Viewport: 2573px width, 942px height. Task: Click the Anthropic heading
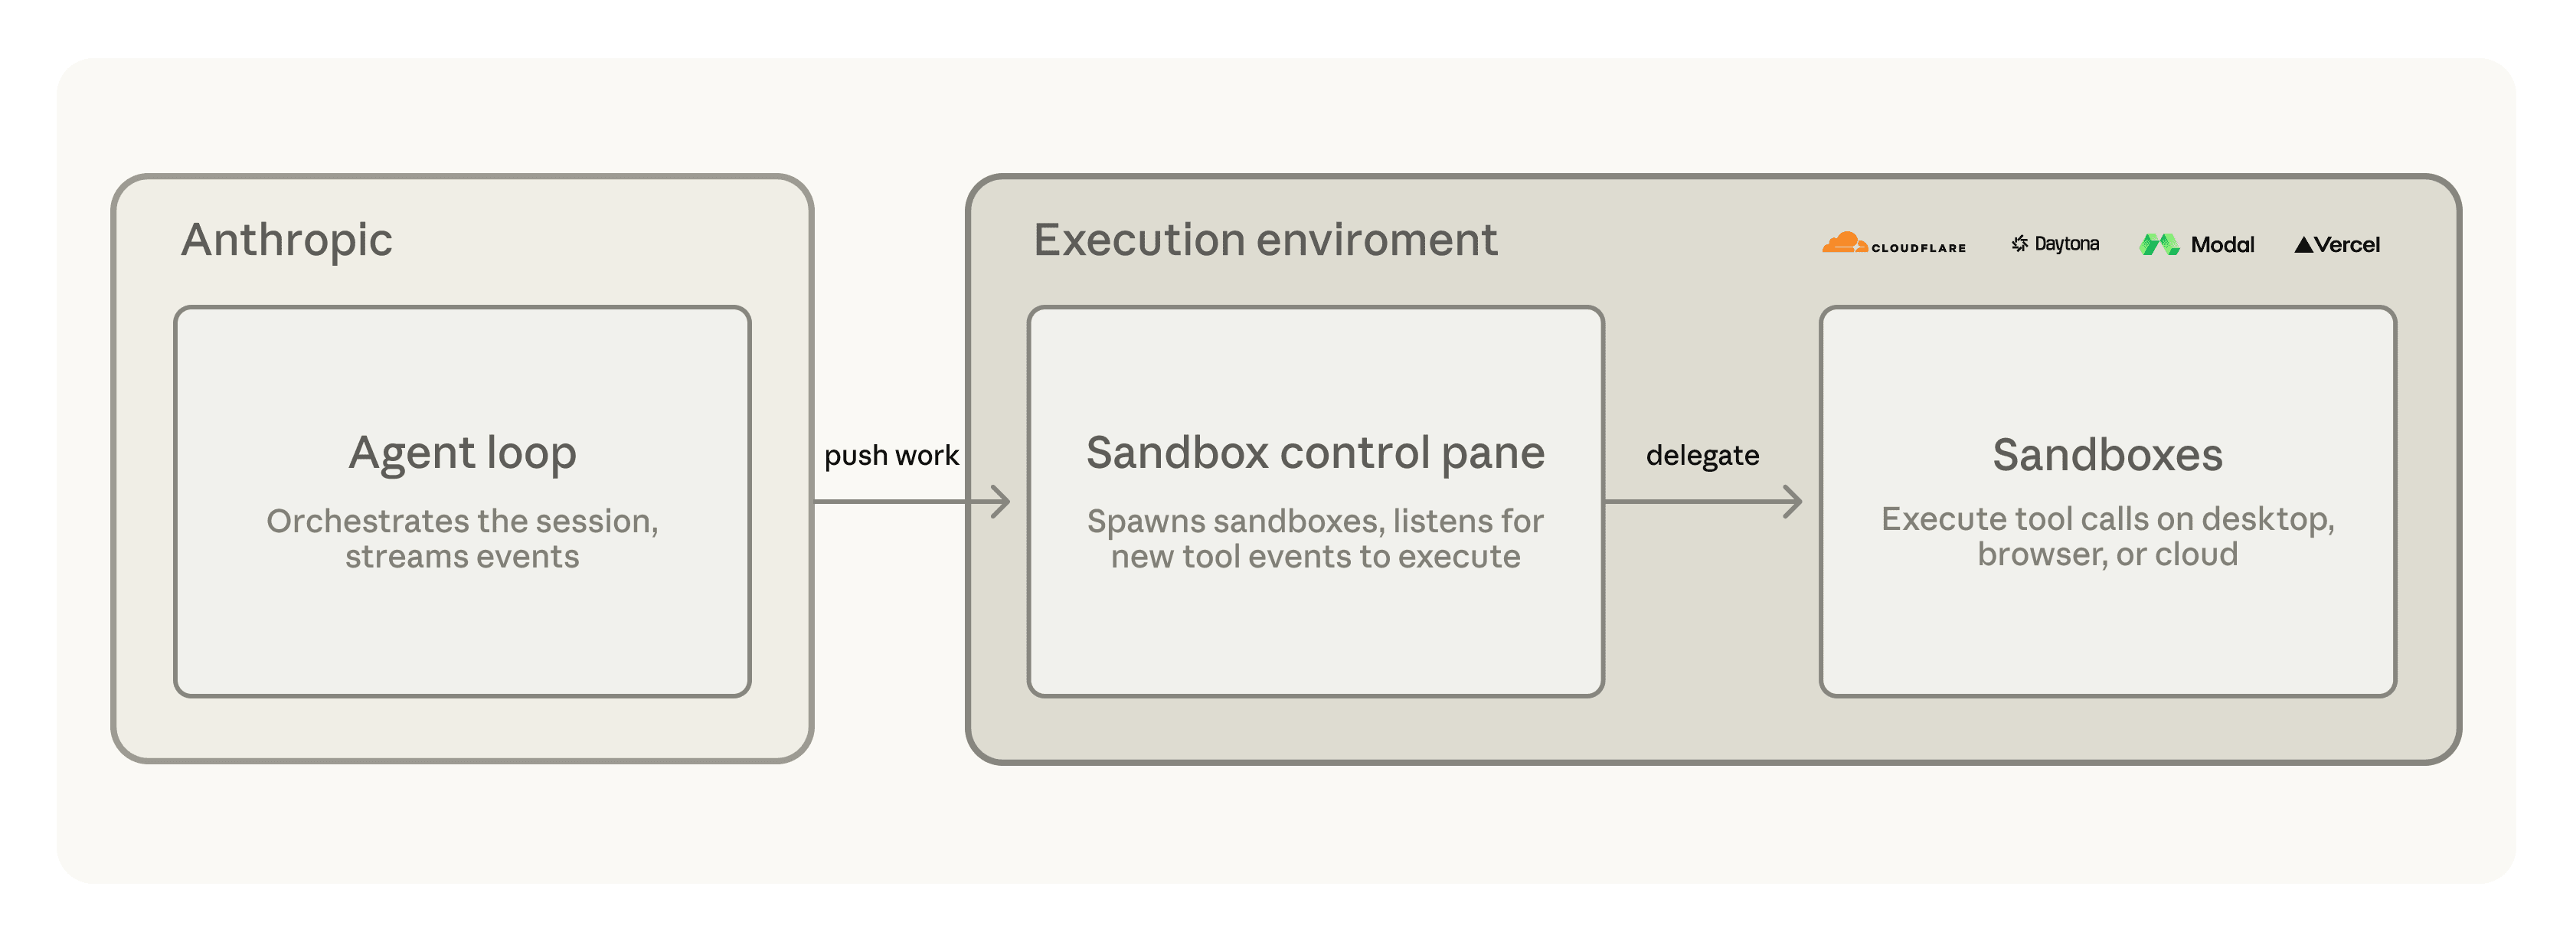[286, 240]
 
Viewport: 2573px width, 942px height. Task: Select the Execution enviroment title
[1266, 240]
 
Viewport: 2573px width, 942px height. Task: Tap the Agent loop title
[463, 454]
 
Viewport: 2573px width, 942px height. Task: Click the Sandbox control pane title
[1316, 453]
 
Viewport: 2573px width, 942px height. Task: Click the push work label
[891, 456]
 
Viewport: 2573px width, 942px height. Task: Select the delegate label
[1702, 456]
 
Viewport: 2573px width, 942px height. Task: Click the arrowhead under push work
[1001, 502]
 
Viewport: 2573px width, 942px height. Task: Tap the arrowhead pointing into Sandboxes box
[1793, 502]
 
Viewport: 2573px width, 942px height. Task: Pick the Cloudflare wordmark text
[1919, 247]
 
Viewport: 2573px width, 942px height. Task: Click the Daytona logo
[2055, 244]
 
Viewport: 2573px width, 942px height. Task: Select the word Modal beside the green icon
[2222, 245]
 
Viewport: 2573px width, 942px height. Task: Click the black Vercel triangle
[2303, 245]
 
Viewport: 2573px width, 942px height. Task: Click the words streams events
[463, 557]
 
